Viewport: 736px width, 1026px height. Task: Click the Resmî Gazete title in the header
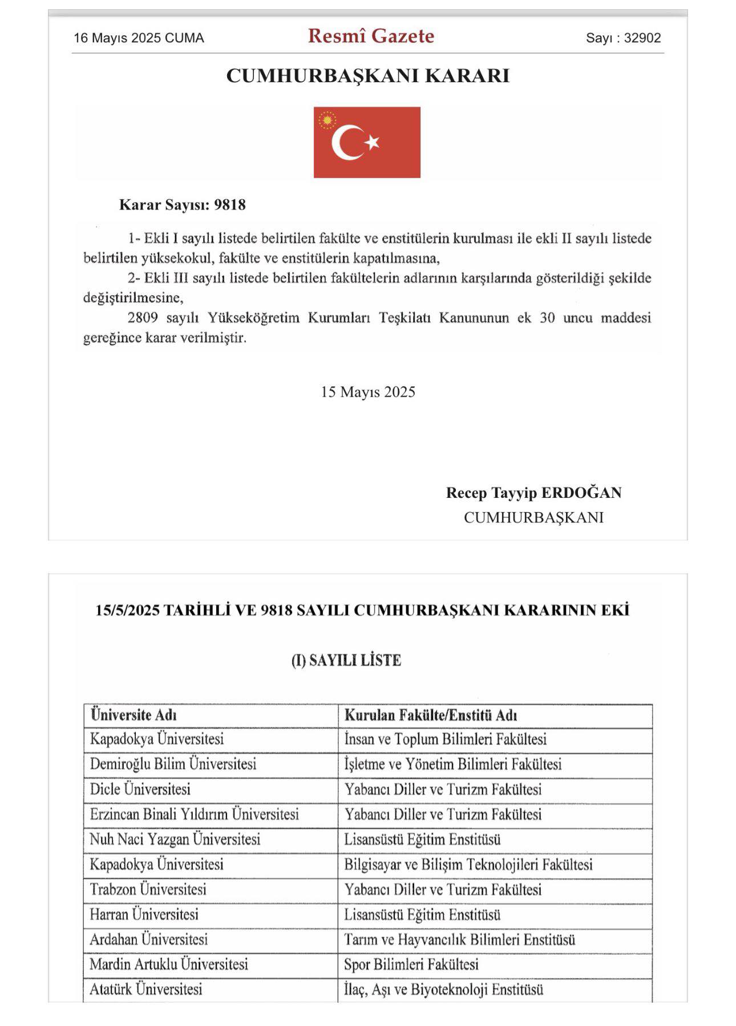[371, 36]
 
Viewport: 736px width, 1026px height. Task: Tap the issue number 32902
[642, 38]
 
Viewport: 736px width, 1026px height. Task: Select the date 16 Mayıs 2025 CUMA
[139, 38]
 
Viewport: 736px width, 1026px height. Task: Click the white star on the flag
[373, 141]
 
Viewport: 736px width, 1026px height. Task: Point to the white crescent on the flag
[345, 143]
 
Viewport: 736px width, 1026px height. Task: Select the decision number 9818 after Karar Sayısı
[230, 205]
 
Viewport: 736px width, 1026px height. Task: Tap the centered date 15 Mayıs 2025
[368, 392]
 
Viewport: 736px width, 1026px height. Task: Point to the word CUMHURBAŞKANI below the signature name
[533, 517]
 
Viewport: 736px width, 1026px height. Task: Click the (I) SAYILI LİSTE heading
[346, 661]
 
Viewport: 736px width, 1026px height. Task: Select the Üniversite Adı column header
[134, 715]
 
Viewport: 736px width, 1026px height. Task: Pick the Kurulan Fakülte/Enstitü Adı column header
[431, 715]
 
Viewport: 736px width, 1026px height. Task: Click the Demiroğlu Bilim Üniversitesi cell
[173, 764]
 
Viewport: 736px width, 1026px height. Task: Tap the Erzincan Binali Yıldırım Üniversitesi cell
[194, 814]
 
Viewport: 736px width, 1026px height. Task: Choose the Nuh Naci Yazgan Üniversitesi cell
[175, 839]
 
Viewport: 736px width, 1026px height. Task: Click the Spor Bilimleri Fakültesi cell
[411, 965]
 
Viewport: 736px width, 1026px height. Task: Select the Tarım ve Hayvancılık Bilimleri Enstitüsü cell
[459, 940]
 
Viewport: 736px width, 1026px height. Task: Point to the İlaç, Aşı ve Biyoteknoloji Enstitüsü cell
[443, 989]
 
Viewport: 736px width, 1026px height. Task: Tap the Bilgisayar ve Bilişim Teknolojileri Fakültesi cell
[468, 864]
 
